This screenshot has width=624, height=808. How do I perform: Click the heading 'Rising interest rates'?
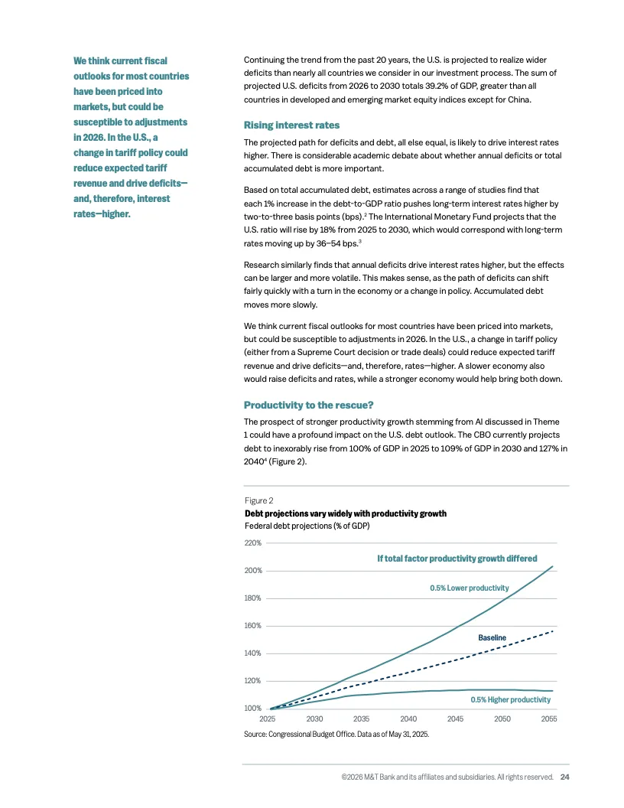tap(291, 125)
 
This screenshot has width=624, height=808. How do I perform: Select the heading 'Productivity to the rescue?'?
tap(307, 404)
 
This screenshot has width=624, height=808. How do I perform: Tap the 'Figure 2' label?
tap(258, 500)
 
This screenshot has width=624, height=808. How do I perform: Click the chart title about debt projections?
tap(345, 513)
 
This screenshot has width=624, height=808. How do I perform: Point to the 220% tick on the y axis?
tap(252, 543)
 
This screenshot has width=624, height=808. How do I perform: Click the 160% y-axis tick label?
tap(252, 626)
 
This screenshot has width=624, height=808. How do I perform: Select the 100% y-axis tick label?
tap(252, 709)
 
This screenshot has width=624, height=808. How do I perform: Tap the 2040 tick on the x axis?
tap(408, 719)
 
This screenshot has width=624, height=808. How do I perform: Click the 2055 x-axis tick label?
tap(548, 719)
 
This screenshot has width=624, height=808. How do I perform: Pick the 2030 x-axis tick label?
tap(314, 719)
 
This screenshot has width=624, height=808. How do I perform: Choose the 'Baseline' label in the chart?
tap(492, 637)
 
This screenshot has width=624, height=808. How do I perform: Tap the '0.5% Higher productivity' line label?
tap(510, 700)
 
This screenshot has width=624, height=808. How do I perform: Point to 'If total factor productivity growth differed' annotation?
tap(457, 559)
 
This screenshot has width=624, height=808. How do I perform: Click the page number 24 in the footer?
tap(564, 777)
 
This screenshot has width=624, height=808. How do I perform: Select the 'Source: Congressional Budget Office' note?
tap(336, 735)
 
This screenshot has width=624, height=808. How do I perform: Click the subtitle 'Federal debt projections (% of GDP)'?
tap(308, 526)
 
